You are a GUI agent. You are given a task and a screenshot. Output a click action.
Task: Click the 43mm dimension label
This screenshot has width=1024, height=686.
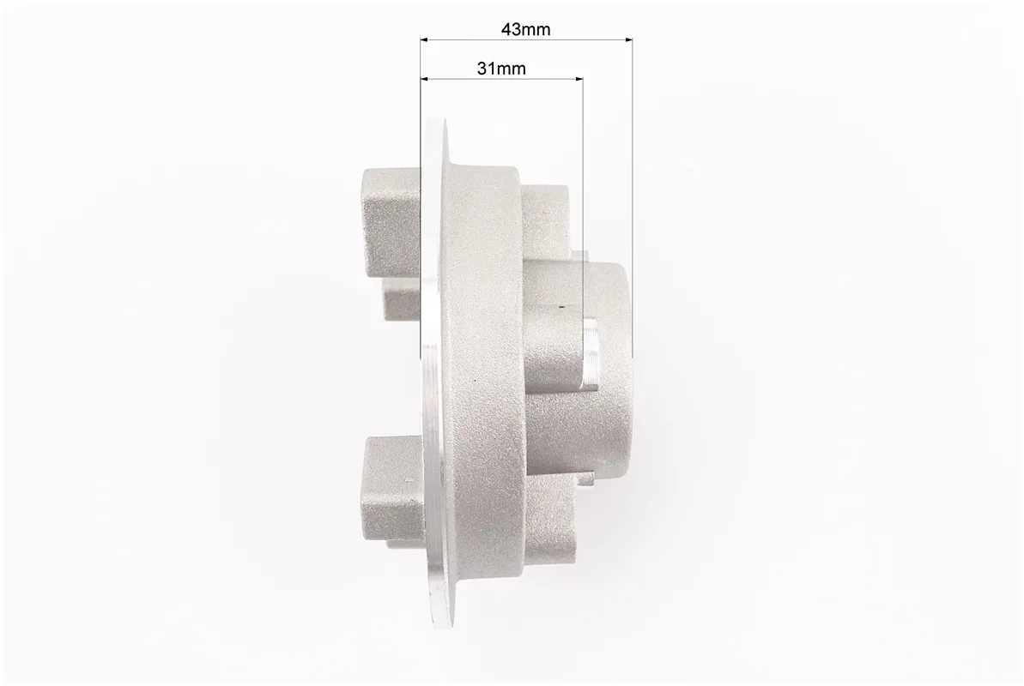525,29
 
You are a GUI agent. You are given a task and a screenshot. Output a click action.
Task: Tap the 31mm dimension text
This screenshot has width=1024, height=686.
501,68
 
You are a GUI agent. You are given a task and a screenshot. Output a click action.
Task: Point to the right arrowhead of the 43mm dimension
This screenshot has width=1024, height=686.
628,39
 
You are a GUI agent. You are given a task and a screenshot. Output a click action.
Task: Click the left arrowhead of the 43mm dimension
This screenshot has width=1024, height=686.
425,39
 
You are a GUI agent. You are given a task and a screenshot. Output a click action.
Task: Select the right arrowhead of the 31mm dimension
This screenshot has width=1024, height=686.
578,79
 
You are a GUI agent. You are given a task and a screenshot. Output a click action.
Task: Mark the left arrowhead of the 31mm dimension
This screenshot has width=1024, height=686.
425,79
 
